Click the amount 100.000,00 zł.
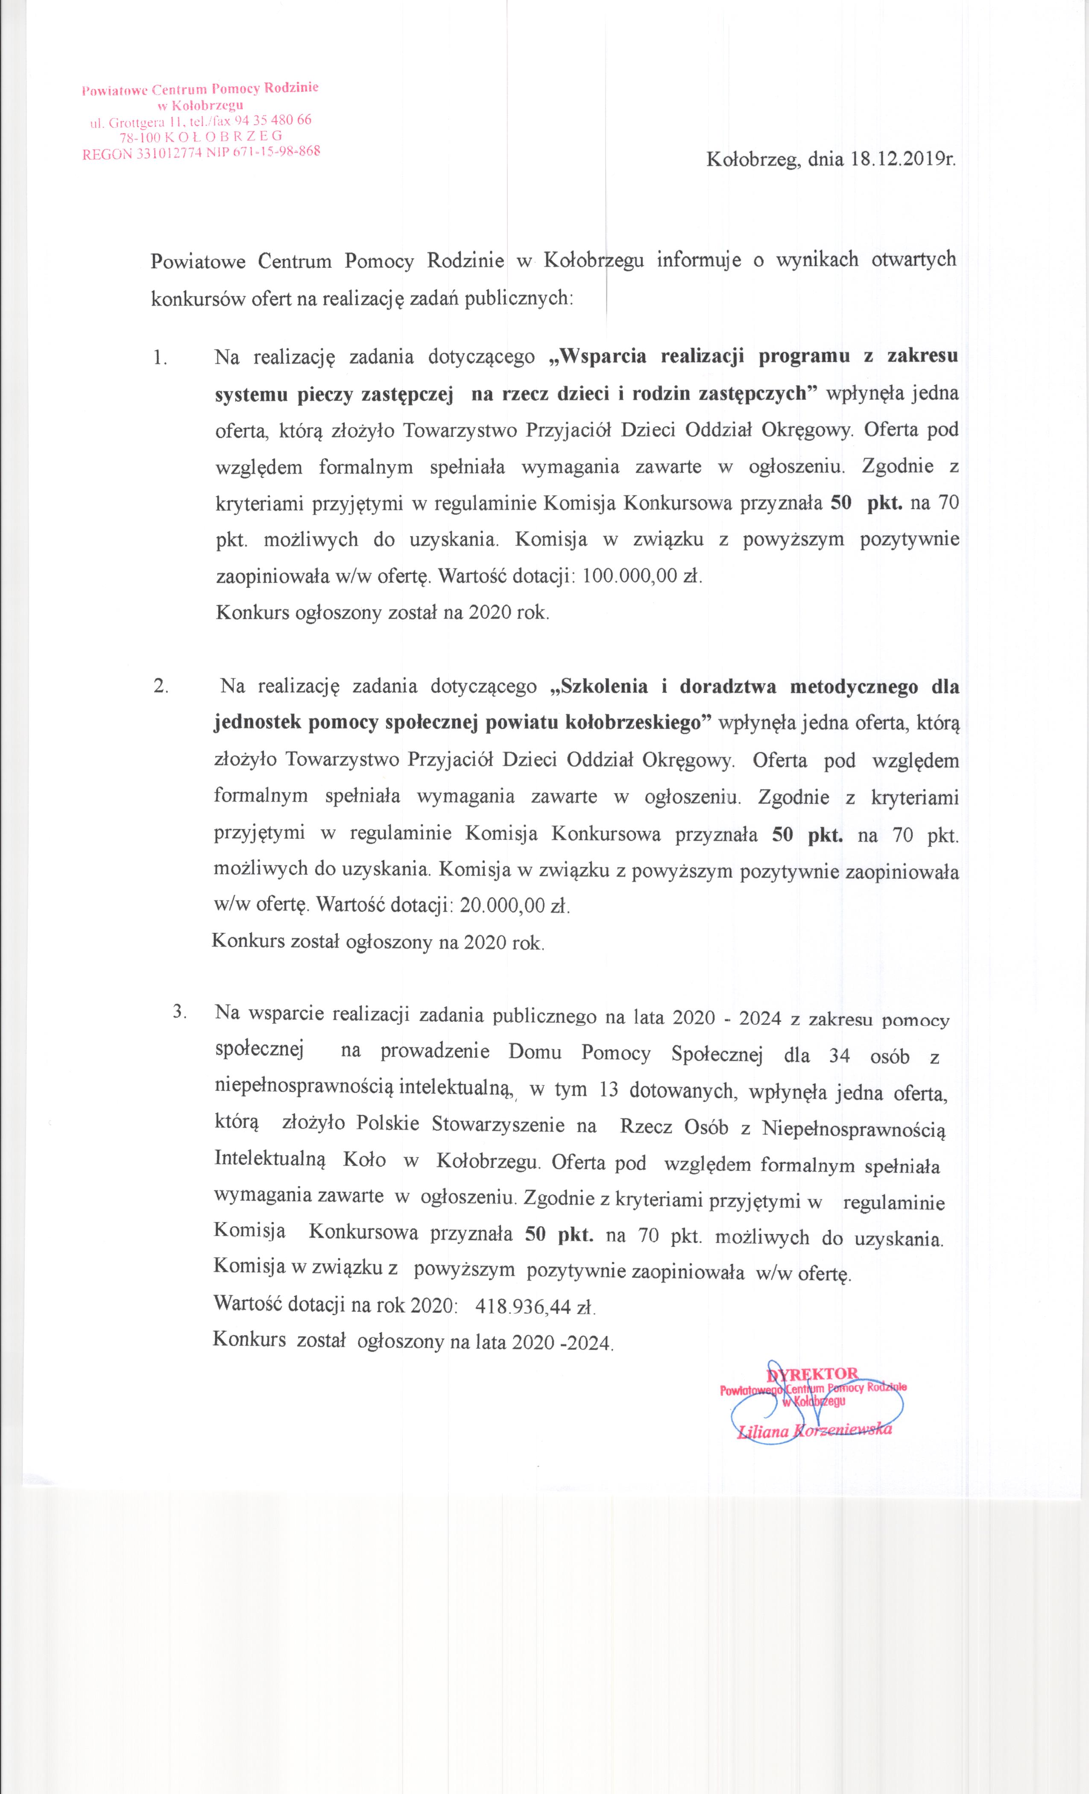[642, 576]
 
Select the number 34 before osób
[839, 1056]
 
